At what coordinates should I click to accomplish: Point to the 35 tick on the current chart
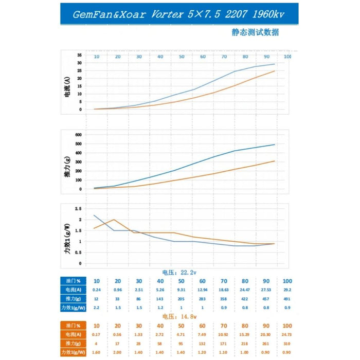tap(80, 55)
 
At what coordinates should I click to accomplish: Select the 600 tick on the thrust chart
tap(79, 135)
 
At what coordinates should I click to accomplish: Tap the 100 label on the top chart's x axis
tap(287, 56)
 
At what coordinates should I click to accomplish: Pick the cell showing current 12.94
tap(203, 290)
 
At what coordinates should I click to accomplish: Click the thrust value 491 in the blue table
tap(287, 299)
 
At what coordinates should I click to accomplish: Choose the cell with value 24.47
tap(245, 290)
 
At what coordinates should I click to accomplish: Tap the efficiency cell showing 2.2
tap(96, 308)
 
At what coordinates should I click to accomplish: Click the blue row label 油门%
tap(71, 281)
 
